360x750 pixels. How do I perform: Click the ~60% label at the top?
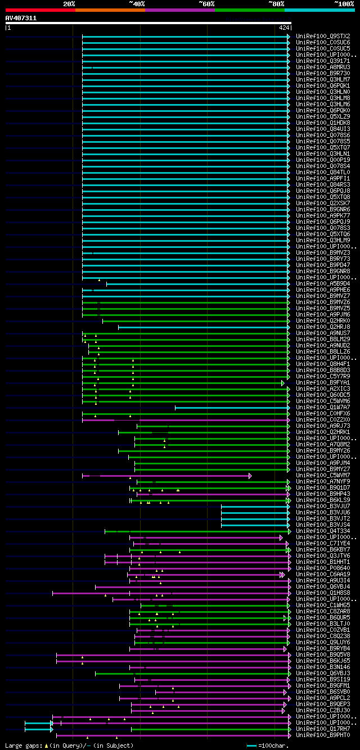pos(206,3)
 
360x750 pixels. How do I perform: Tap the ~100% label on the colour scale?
pos(344,3)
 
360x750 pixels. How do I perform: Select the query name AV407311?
pos(21,18)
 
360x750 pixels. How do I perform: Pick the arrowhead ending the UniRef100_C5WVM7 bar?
pos(250,476)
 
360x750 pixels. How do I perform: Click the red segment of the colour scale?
pos(39,10)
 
